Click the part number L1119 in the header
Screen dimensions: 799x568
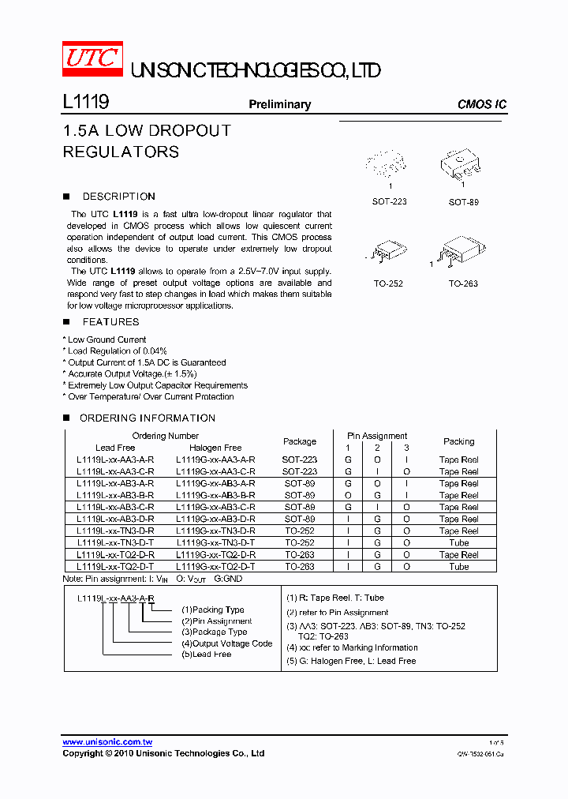click(x=85, y=103)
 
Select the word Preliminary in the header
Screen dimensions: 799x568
click(x=279, y=104)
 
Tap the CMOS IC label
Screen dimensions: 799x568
click(x=481, y=104)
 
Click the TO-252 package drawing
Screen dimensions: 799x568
click(x=389, y=251)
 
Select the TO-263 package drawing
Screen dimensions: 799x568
click(x=462, y=252)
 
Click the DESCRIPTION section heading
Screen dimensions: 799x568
click(x=118, y=197)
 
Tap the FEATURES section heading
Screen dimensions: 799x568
click(x=110, y=322)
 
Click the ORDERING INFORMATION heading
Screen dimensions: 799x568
click(x=148, y=418)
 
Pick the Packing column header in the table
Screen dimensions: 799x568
click(x=458, y=441)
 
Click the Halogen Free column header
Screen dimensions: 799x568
click(x=215, y=448)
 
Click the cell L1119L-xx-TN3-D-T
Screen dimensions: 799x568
click(x=115, y=543)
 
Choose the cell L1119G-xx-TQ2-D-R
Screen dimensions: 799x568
click(x=215, y=555)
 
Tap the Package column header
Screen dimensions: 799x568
click(x=300, y=441)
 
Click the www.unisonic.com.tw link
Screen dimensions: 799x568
click(x=107, y=742)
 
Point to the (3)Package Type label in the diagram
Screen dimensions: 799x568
click(x=214, y=632)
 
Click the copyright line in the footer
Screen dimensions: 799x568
click(x=163, y=754)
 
